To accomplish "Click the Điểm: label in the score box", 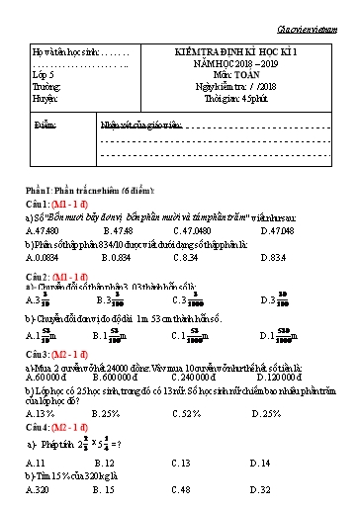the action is pyautogui.click(x=45, y=127).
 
